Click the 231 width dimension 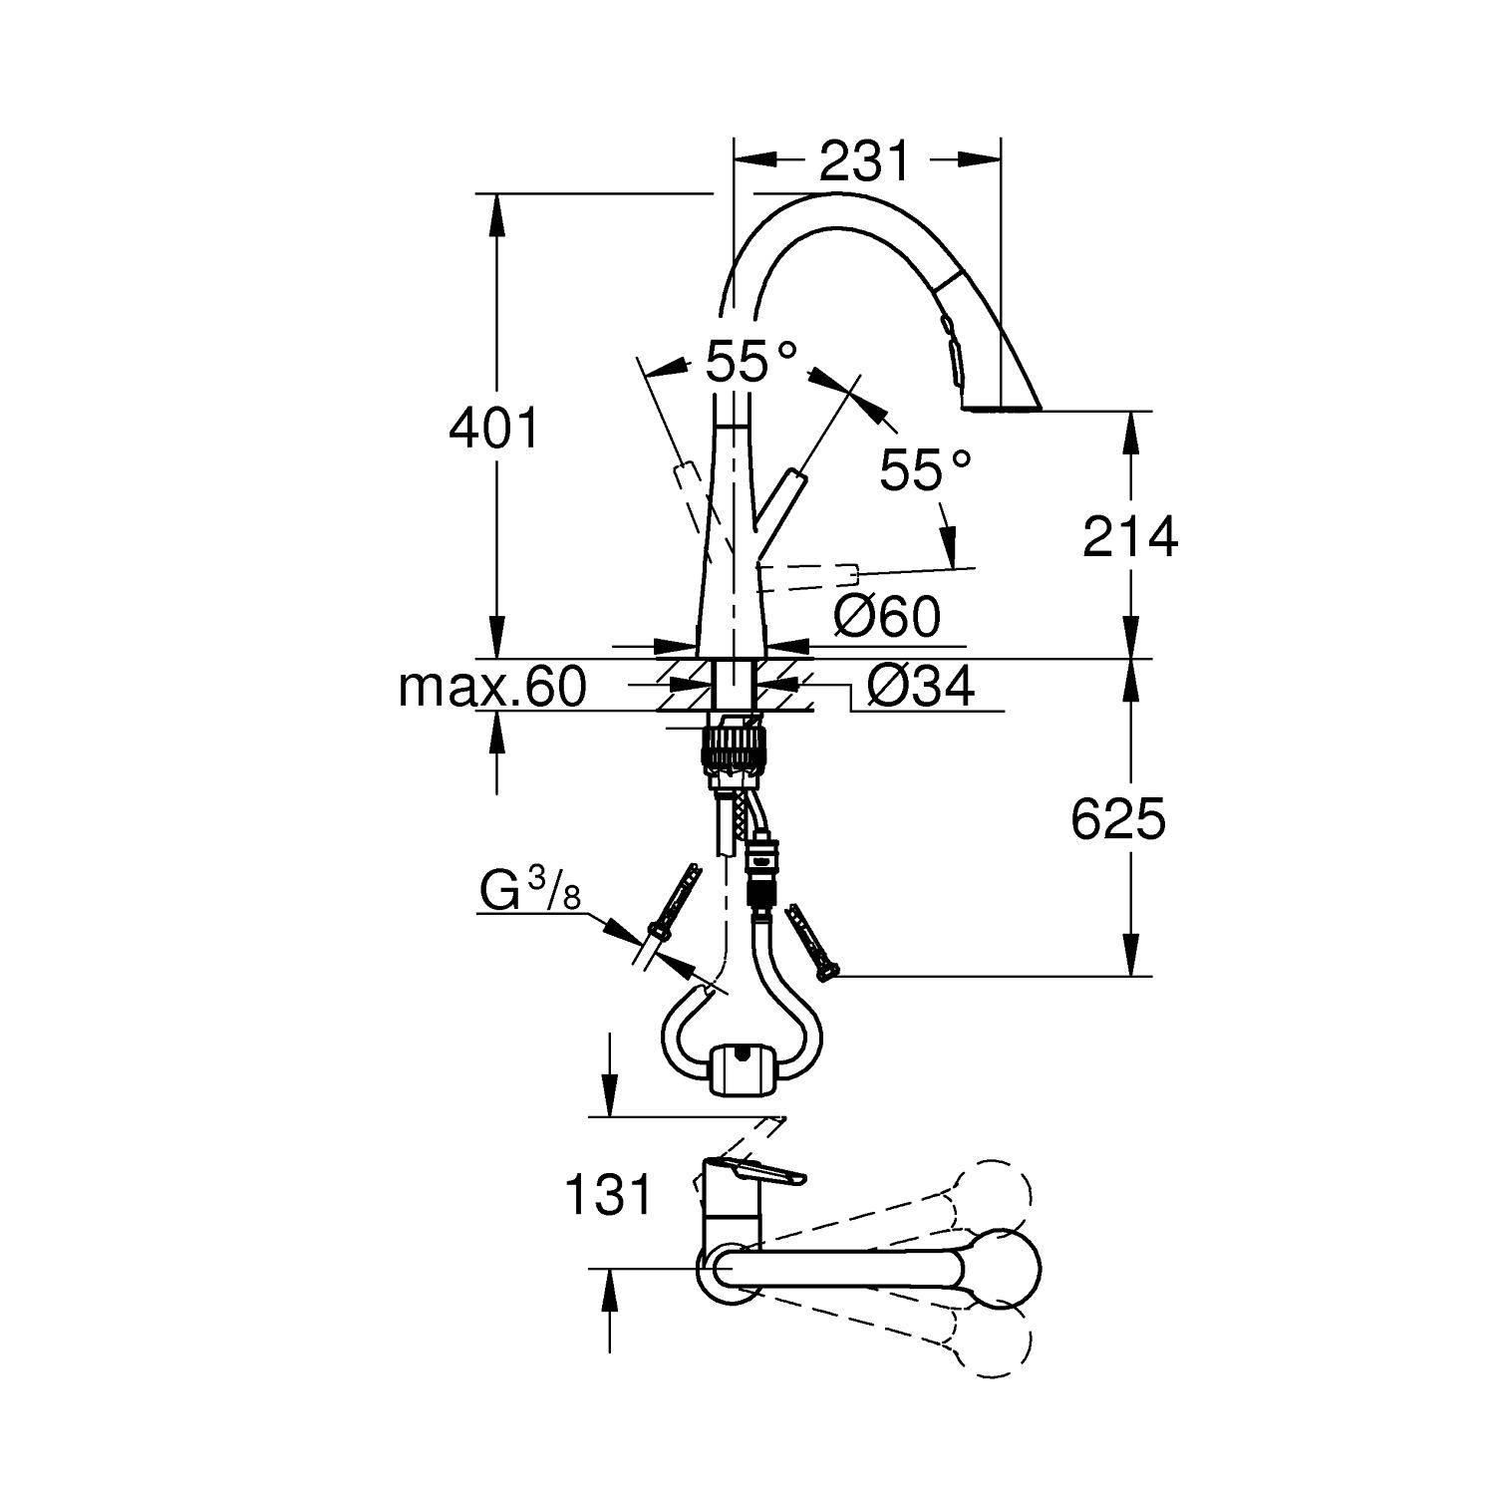864,160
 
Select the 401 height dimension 493,430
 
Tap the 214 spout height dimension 1130,537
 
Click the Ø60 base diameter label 886,617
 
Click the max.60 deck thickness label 491,687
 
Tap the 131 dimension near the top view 608,1194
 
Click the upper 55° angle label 751,362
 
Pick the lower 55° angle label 925,469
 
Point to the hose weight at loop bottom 739,1071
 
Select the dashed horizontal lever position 812,574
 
